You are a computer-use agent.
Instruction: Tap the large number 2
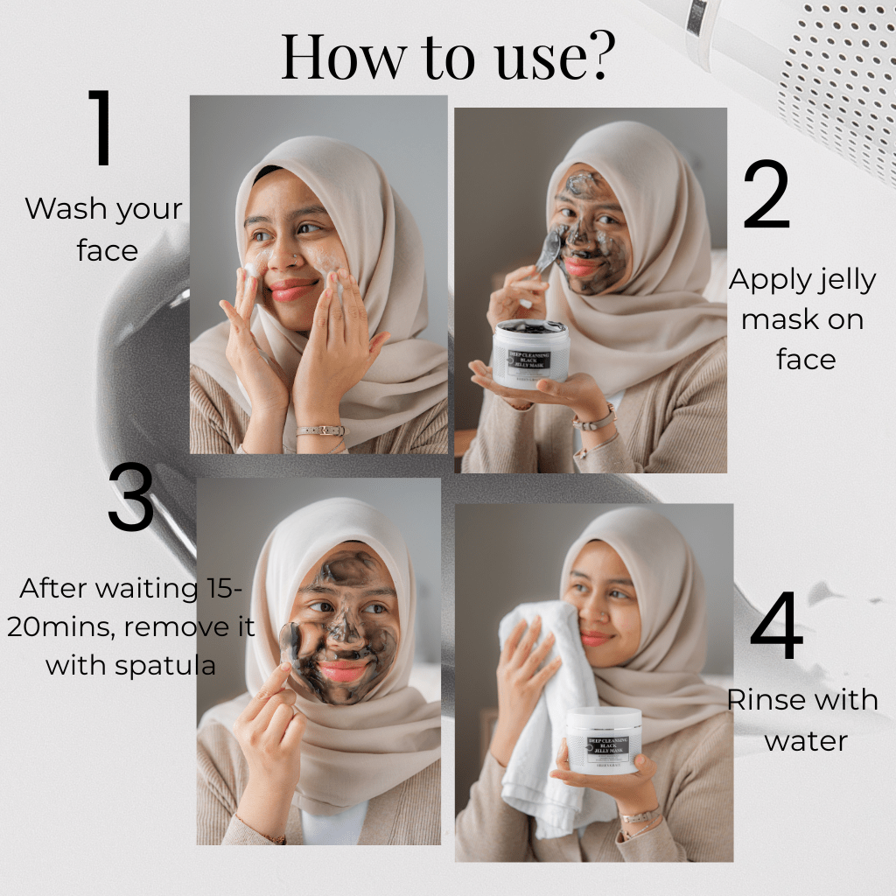[x=766, y=197]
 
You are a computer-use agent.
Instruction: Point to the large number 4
[x=776, y=626]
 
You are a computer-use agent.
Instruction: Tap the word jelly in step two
[x=843, y=280]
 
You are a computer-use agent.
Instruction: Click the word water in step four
[x=806, y=741]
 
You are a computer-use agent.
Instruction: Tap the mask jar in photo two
[x=531, y=354]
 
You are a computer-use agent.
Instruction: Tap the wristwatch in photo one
[x=320, y=430]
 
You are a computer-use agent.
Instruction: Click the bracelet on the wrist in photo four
[x=641, y=815]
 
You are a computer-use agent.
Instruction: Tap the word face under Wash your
[x=108, y=251]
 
